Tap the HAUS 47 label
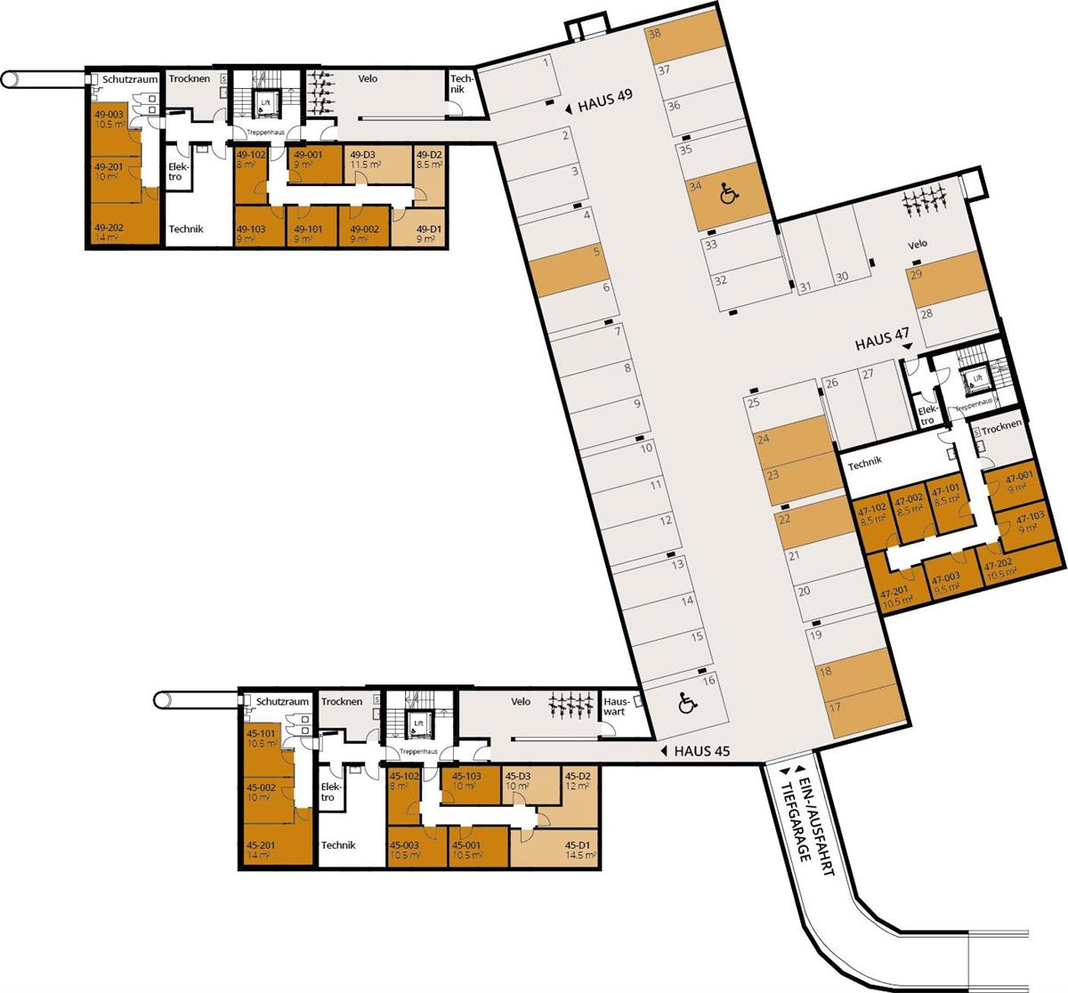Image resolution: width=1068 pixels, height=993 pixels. coord(882,342)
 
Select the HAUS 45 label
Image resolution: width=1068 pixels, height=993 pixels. coord(701,751)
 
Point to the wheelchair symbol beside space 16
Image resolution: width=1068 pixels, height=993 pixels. coord(687,704)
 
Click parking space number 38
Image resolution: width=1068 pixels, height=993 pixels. coord(655,35)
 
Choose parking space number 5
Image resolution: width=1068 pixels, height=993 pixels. coord(596,252)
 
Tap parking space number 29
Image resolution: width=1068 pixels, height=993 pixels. coord(916,275)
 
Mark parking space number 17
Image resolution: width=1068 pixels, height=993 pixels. coord(835,708)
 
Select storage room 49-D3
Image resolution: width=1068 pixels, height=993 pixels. coord(365,159)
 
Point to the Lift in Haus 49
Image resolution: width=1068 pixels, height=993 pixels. coord(265,101)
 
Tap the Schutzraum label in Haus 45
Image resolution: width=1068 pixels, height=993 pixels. coord(282,701)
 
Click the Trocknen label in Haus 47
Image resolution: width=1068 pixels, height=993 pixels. coord(1002,428)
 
